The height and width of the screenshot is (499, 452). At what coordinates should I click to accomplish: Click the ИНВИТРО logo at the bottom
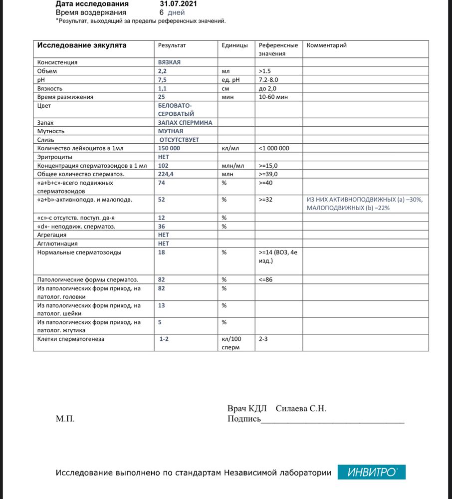point(371,472)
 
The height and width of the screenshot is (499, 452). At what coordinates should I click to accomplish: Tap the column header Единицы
point(234,45)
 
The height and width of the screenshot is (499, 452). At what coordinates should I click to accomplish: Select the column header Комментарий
point(326,45)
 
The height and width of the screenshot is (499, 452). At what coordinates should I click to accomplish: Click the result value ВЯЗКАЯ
point(169,62)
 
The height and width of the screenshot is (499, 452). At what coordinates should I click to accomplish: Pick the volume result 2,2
point(162,71)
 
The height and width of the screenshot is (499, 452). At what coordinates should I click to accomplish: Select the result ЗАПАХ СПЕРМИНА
point(185,122)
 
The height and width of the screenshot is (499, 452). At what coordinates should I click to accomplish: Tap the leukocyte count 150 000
point(169,148)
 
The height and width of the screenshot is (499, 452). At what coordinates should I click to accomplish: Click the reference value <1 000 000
point(274,148)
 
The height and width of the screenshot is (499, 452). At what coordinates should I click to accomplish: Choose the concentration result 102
point(163,165)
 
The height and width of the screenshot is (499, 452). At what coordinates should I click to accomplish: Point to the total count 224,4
point(166,174)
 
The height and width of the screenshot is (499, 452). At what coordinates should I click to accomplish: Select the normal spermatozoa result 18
point(162,252)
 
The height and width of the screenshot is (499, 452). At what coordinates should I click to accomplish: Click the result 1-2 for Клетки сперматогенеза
point(164,339)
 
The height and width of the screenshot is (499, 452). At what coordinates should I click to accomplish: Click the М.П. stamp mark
point(65,419)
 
